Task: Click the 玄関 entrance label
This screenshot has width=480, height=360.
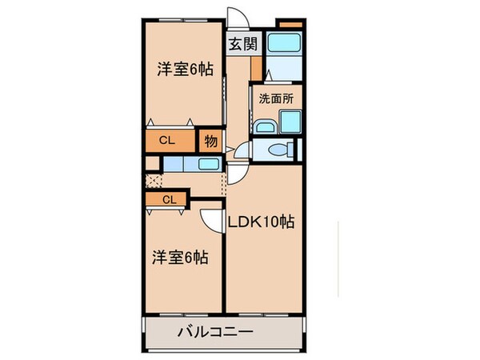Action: click(239, 45)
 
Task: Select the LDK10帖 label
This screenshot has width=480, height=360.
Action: click(262, 222)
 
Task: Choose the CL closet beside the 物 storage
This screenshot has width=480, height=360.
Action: click(170, 141)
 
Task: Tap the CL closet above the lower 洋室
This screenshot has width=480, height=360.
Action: click(166, 199)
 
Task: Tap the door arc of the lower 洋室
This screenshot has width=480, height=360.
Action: click(211, 220)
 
